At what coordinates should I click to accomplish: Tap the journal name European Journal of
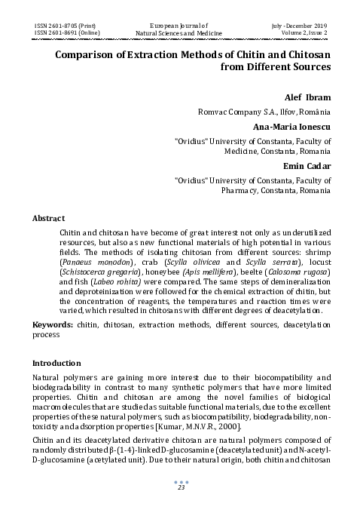click(x=181, y=26)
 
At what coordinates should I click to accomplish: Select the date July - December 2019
click(x=299, y=26)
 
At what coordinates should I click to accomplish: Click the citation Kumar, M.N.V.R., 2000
click(x=273, y=426)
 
